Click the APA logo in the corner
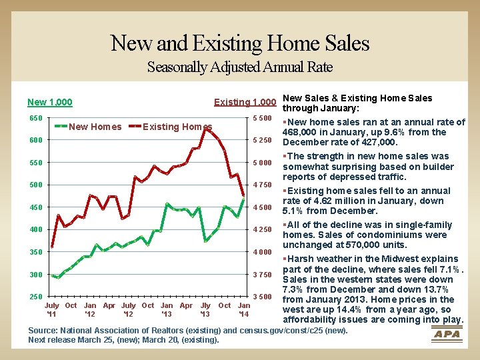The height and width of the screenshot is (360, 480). (447, 334)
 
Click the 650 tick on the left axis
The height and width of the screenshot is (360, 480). (36, 118)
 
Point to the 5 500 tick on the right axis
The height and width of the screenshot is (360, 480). (263, 118)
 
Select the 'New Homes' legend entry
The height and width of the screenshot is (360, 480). (88, 127)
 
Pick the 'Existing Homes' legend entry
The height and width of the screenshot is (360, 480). (170, 127)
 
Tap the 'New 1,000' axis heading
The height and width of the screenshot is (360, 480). (50, 102)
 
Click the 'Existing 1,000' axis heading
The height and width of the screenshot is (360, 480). (245, 102)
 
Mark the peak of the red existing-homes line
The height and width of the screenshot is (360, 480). (206, 129)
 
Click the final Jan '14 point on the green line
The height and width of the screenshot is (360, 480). (244, 199)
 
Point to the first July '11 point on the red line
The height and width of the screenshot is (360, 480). (52, 247)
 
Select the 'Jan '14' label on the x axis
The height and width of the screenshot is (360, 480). (244, 309)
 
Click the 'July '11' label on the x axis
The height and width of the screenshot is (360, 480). (52, 309)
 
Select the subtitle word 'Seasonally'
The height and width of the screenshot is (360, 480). (177, 67)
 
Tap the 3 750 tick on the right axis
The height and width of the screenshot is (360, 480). (263, 275)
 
